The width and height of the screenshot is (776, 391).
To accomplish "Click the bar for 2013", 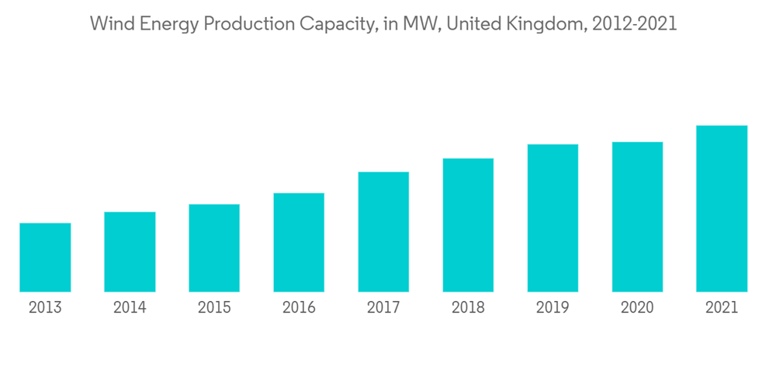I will point(45,258).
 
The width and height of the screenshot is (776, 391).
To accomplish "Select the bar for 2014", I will point(130,252).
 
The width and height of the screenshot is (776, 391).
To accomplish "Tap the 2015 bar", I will point(214,248).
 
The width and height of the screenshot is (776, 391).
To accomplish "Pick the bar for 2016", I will point(299,243).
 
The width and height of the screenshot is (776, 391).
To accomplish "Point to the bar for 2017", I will point(383,232).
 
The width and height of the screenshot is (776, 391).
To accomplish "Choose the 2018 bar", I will point(468,225).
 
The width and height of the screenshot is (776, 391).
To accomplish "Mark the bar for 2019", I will point(553,218).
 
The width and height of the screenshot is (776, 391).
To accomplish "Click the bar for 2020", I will point(637,217).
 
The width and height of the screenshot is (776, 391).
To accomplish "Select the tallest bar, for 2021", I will point(722,209).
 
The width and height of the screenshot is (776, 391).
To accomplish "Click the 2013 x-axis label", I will point(45,308).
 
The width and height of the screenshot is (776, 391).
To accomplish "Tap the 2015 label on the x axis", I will point(214,308).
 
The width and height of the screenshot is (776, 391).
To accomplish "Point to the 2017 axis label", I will point(383,308).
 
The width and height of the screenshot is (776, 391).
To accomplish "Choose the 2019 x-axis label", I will point(553,308).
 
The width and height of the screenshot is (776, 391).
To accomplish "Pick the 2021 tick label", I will point(722,308).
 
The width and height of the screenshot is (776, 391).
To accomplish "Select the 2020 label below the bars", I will point(637,308).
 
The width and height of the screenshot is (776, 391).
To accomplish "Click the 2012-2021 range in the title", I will point(634,24).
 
